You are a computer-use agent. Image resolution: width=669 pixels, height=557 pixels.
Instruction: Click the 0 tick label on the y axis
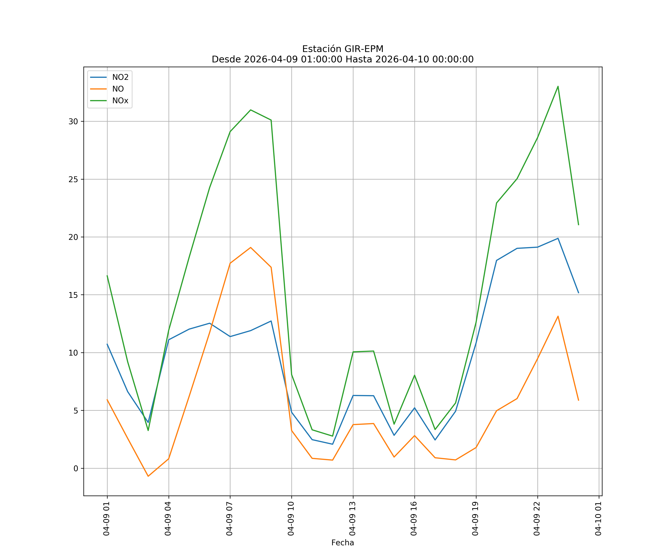click(76, 468)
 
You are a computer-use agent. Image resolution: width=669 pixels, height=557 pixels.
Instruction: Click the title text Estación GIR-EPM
click(343, 49)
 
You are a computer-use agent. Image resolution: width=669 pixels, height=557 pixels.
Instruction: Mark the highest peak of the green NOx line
click(558, 86)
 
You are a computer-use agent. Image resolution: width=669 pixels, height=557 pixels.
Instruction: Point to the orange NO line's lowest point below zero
click(148, 476)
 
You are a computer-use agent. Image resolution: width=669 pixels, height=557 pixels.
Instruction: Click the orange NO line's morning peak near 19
click(251, 247)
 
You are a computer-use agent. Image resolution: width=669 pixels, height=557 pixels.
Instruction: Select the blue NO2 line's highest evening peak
click(558, 238)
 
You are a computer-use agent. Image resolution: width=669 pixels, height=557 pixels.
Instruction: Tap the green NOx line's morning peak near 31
click(251, 110)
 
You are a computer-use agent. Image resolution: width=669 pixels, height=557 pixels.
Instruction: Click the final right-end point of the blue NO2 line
click(578, 293)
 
